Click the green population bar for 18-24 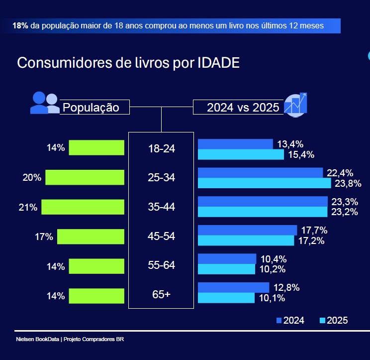click(96, 148)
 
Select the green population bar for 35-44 click(83, 207)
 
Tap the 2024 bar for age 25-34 click(261, 173)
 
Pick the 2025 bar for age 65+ click(226, 298)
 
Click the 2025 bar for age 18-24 click(241, 154)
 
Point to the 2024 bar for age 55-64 click(227, 258)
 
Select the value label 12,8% click(285, 288)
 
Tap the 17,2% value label click(311, 240)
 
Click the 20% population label click(32, 178)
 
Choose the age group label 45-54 click(161, 237)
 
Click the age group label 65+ click(161, 294)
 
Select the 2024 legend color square click(279, 320)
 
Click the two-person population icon click(44, 103)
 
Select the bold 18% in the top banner click(20, 25)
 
